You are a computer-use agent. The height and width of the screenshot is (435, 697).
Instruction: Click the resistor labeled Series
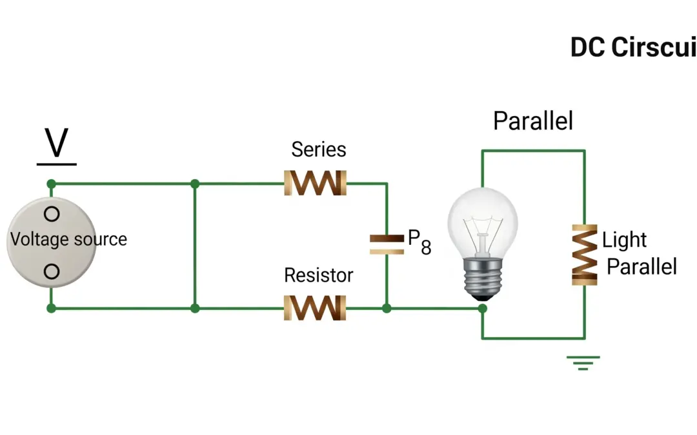315,183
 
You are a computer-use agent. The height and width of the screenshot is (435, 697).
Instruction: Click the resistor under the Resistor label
315,308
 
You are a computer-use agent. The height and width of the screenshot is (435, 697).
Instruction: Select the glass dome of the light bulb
483,219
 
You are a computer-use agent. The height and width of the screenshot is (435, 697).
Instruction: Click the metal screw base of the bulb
482,278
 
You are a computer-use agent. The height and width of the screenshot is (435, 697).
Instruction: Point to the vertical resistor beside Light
584,255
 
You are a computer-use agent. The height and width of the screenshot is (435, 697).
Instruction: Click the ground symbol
583,363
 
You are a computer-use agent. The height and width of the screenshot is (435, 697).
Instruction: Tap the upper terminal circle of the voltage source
52,213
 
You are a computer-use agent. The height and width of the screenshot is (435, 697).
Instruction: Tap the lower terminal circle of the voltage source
52,271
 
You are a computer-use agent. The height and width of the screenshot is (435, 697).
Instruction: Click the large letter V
57,142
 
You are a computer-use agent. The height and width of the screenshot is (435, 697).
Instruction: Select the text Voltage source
68,239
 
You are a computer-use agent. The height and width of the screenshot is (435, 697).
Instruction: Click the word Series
319,150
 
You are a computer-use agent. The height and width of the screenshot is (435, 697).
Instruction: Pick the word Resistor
319,275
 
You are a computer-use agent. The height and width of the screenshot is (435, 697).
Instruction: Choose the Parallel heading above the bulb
533,121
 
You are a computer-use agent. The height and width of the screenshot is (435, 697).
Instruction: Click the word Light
624,240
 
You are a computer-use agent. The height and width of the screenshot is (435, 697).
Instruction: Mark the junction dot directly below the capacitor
387,309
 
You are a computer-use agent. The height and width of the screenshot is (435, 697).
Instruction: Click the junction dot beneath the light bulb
482,309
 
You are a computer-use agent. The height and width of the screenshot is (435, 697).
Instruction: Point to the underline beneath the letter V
57,164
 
